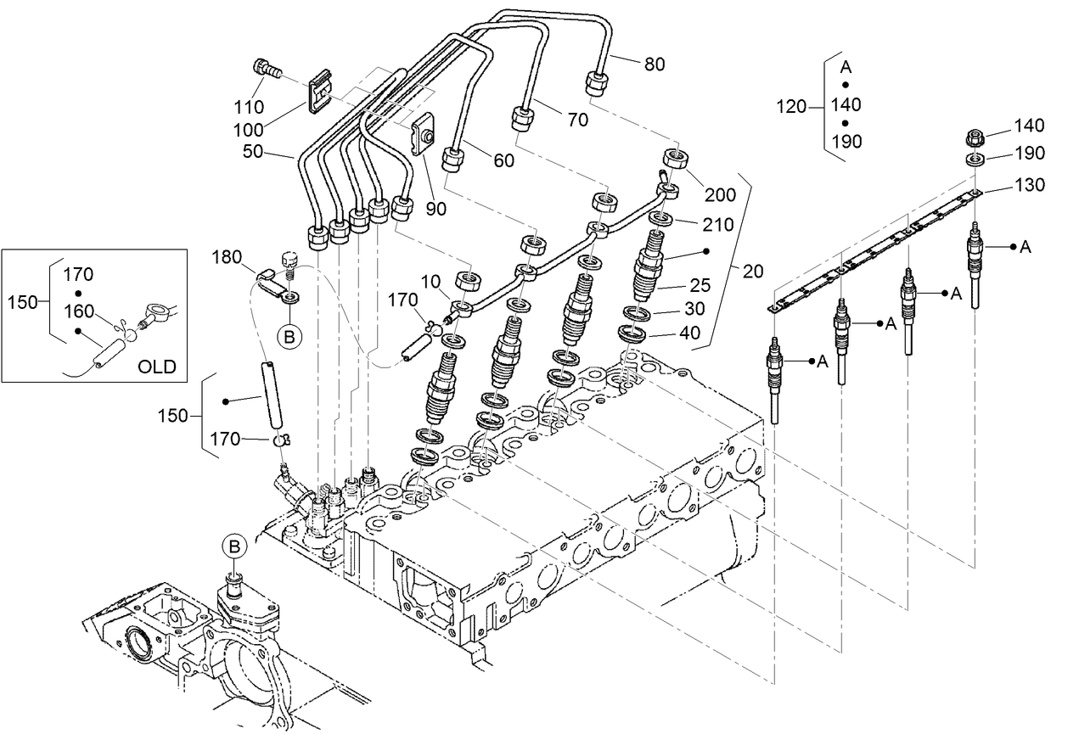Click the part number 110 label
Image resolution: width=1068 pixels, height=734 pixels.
(250, 108)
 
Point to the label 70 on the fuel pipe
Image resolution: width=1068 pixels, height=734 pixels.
(577, 120)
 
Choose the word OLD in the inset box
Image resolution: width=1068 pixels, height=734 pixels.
(158, 367)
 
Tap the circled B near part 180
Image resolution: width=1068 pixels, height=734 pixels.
(289, 337)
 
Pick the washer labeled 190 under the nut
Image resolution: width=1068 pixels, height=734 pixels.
(976, 159)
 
